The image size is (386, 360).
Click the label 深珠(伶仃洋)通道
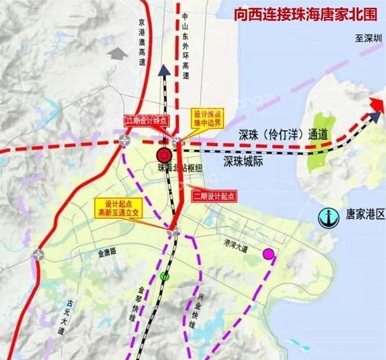click(x=276, y=135)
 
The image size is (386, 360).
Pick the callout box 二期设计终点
click(x=144, y=120)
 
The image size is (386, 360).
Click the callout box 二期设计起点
click(x=213, y=196)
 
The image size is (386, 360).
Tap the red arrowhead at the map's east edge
click(x=376, y=106)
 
